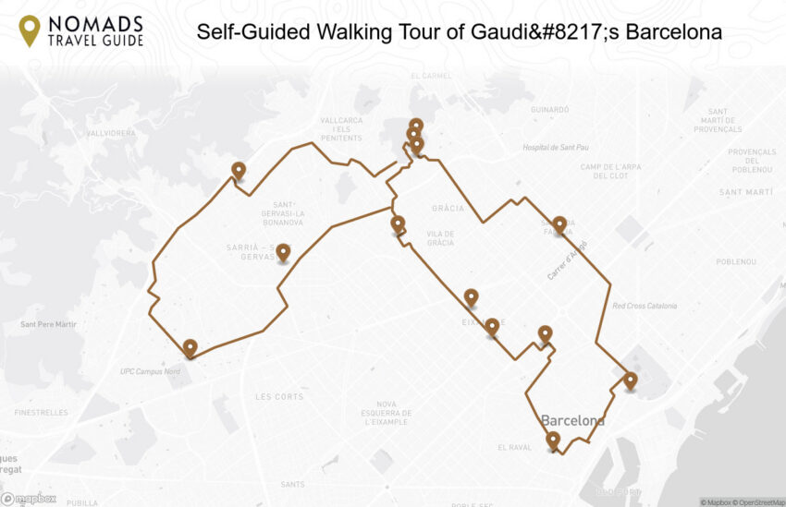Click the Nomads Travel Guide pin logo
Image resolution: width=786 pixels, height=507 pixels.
(x=30, y=30)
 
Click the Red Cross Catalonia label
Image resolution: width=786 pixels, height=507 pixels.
(x=645, y=306)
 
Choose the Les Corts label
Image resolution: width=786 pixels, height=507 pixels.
(x=278, y=397)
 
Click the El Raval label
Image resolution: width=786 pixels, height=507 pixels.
(x=514, y=448)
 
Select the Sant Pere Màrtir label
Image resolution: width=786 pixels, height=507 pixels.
(x=48, y=325)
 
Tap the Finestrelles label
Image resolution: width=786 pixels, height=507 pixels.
(x=41, y=413)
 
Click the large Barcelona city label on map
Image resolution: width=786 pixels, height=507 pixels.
(x=572, y=421)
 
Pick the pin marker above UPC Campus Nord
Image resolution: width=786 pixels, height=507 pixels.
(x=190, y=347)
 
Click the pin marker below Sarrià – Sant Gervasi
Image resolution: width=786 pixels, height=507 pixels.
(x=283, y=251)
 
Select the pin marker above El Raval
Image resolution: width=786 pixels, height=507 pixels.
(x=553, y=440)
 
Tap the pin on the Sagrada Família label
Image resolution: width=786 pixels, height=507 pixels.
(x=559, y=223)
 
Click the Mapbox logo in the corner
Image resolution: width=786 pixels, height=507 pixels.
(x=29, y=499)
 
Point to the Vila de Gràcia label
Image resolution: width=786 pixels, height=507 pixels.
(x=440, y=238)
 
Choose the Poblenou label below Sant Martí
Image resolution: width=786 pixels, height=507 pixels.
(x=736, y=261)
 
